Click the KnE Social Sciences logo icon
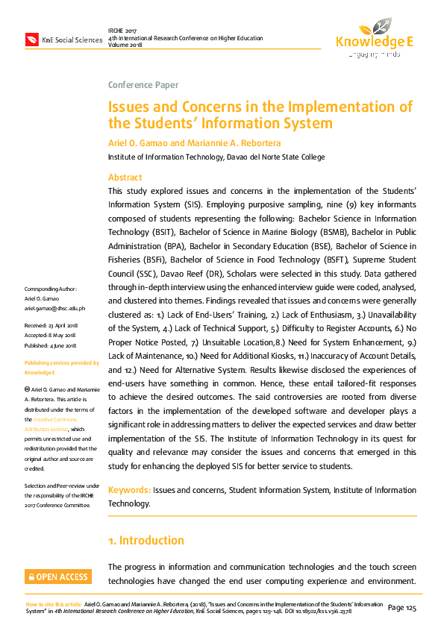(31, 40)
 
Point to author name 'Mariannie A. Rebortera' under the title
(234, 142)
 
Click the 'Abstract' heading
(125, 178)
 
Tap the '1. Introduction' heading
(146, 540)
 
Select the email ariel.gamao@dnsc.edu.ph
(55, 308)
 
